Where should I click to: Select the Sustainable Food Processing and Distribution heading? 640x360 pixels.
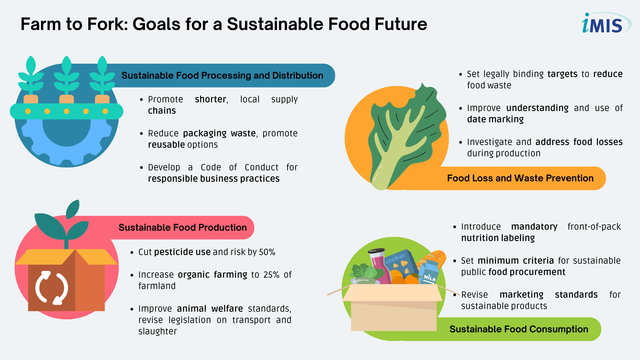click(222, 75)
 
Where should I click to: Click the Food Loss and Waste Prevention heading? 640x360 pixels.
click(520, 178)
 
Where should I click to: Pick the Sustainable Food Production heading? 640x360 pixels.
click(183, 227)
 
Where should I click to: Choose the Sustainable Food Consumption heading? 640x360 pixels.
click(519, 329)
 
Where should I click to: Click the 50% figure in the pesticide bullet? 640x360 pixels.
click(267, 252)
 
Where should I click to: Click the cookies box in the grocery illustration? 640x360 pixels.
click(400, 265)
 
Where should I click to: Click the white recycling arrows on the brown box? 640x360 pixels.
click(52, 287)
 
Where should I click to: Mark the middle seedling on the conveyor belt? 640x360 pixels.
click(67, 79)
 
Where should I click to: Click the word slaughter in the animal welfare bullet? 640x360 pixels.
click(157, 331)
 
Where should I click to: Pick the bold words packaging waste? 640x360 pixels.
click(219, 133)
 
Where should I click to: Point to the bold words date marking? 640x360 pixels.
click(495, 119)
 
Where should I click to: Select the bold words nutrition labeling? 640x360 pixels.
click(498, 238)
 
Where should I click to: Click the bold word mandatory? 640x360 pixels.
click(534, 227)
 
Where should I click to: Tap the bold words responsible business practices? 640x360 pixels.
click(214, 179)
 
